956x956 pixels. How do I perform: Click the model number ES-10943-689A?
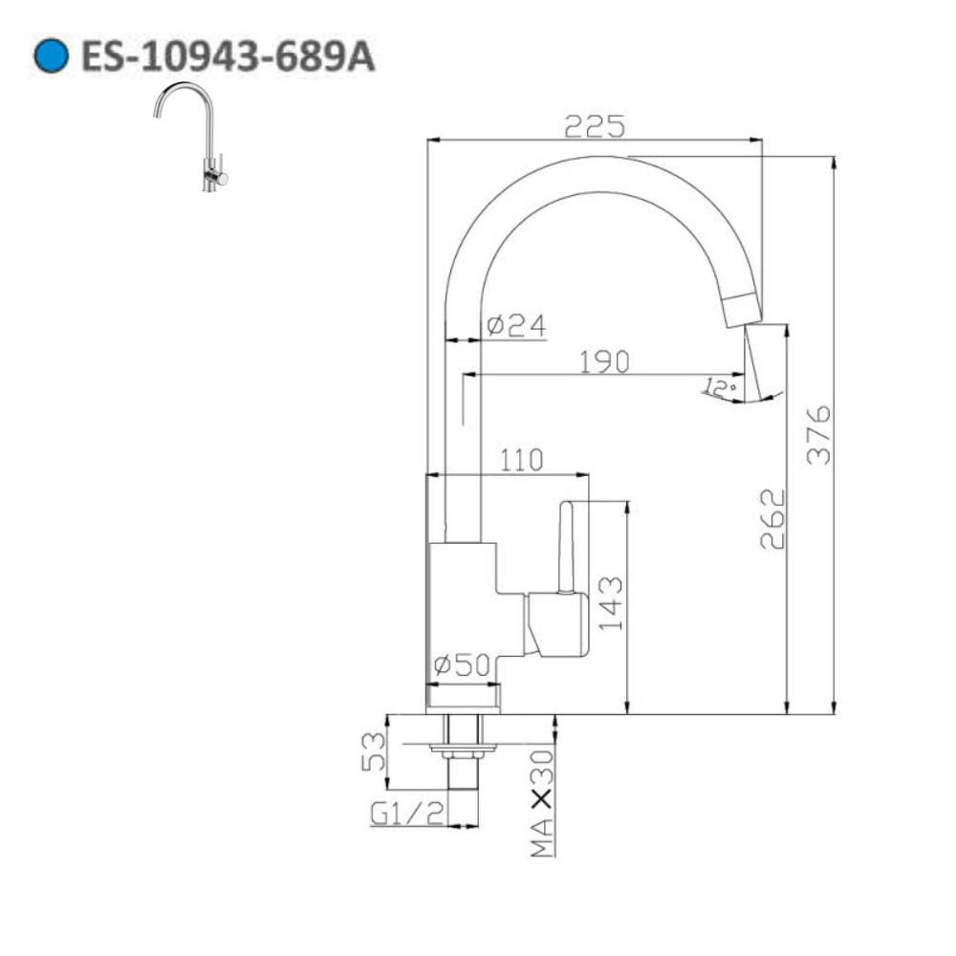coord(228,57)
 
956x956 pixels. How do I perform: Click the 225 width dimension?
coord(594,125)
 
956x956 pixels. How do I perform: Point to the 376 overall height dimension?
coord(819,434)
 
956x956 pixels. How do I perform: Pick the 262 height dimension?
coord(771,519)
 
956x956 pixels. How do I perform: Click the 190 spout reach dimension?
coord(603,360)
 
